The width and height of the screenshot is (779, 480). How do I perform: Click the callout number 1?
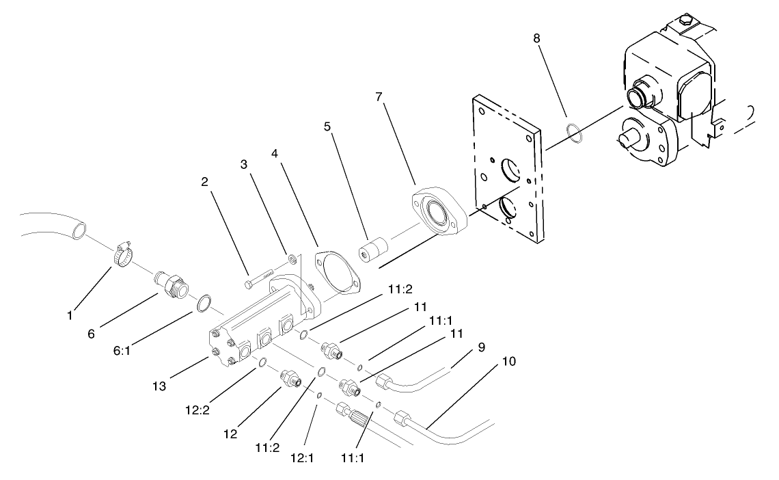[70, 317]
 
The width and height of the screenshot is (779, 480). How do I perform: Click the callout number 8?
[536, 38]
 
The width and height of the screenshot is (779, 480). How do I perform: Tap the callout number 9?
[481, 346]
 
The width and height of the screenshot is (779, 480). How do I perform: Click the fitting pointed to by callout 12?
[290, 377]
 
